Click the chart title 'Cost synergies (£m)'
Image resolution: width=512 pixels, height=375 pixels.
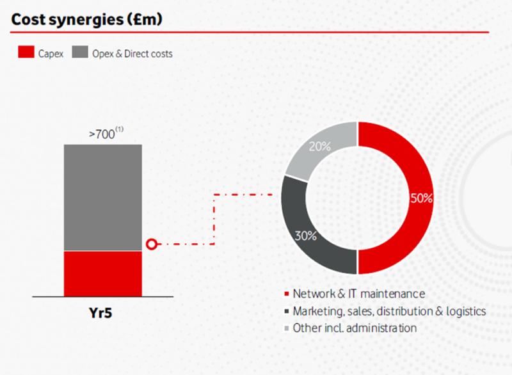click(86, 20)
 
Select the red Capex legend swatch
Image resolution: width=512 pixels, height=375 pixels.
click(26, 52)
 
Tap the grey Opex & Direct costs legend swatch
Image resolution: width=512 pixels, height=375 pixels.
click(80, 52)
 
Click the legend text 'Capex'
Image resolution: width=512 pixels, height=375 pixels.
click(51, 54)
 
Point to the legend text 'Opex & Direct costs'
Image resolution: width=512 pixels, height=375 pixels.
click(132, 54)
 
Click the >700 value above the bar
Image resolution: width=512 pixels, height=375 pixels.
click(102, 134)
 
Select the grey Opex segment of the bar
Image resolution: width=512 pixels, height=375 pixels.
click(103, 198)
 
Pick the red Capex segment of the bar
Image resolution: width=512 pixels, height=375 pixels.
click(103, 274)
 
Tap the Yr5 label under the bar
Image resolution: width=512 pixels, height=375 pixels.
click(100, 313)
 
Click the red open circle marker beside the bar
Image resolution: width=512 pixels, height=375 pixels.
click(152, 244)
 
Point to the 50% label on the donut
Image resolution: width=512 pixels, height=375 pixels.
click(421, 198)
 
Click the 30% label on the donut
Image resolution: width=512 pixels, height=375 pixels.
click(306, 235)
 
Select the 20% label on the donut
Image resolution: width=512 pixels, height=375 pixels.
click(319, 147)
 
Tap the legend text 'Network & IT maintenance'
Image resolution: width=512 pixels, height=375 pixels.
click(359, 294)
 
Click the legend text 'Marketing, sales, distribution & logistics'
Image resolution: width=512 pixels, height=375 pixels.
click(389, 312)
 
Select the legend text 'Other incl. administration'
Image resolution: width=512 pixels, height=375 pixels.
click(355, 328)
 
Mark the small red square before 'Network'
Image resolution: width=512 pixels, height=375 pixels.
click(287, 294)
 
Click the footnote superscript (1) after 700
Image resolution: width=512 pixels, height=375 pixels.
click(120, 129)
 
